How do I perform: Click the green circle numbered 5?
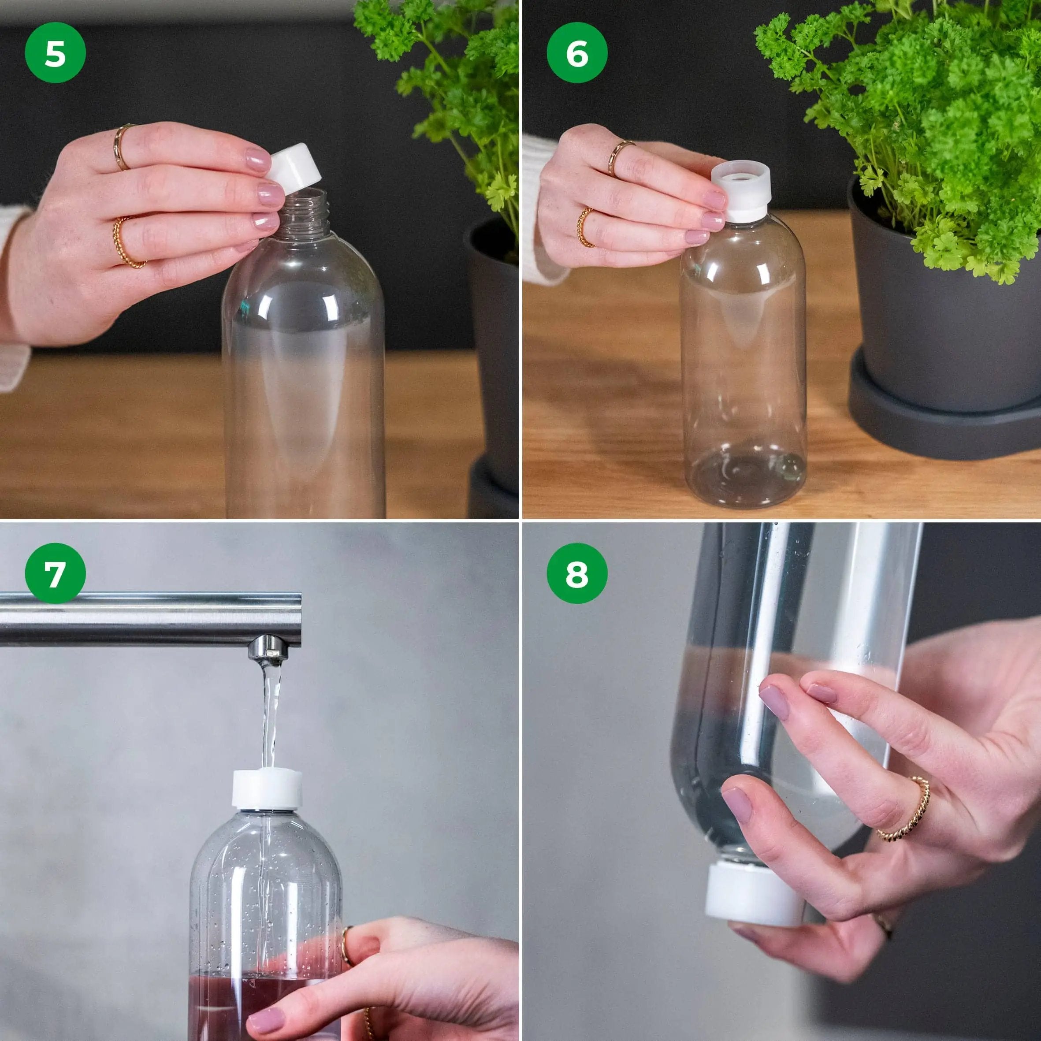click(x=55, y=53)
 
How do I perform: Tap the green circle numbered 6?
click(x=576, y=53)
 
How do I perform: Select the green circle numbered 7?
click(x=55, y=573)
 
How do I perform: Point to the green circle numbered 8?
click(x=576, y=573)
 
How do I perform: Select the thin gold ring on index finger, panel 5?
click(x=122, y=147)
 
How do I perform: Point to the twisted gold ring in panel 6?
click(x=585, y=227)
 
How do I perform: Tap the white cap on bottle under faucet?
click(x=267, y=790)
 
